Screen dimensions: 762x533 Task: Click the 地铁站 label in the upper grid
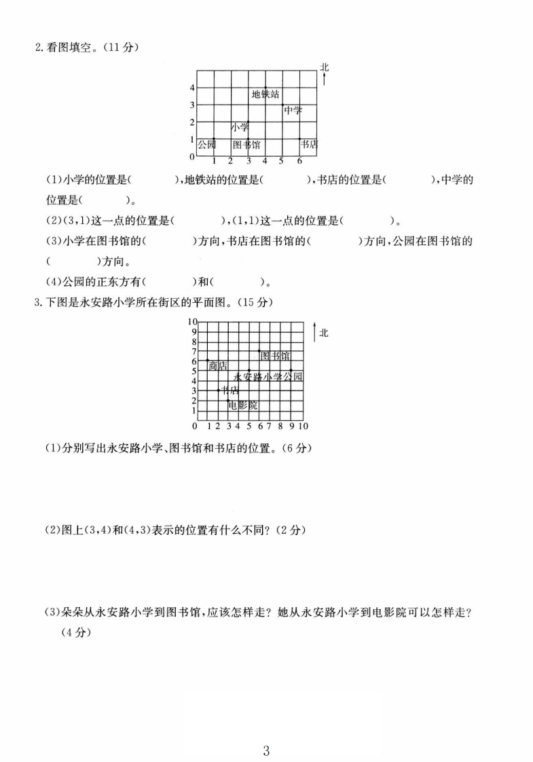[265, 94]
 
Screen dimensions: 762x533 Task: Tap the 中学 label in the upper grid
[293, 111]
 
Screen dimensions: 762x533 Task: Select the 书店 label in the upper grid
[310, 144]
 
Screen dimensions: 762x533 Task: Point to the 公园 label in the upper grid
[206, 145]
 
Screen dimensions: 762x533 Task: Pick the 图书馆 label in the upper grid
[246, 145]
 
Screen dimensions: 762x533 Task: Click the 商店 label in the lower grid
[218, 365]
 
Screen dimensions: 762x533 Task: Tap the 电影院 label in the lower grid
[243, 405]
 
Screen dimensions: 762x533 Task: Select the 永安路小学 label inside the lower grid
[258, 376]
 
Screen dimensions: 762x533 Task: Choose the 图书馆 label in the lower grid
[275, 356]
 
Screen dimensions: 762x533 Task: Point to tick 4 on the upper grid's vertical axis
[192, 88]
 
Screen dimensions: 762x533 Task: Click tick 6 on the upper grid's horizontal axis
[299, 161]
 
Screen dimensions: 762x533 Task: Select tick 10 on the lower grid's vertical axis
[192, 321]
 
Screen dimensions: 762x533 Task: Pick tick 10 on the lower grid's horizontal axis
[303, 426]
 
